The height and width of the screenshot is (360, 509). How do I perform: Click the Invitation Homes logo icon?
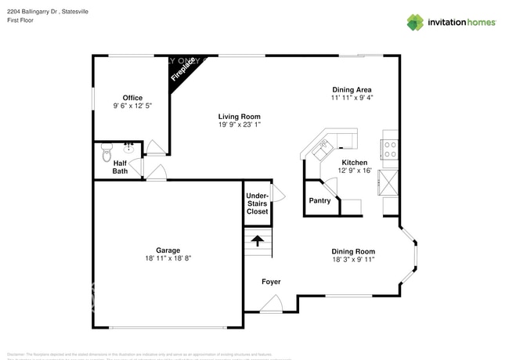[414, 22]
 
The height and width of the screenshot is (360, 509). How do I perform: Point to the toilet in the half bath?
[107, 157]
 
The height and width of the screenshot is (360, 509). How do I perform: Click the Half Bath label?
[120, 167]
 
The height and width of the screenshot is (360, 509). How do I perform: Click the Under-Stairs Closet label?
[257, 203]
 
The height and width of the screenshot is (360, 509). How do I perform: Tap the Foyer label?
[271, 282]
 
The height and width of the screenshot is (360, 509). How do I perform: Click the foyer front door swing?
[252, 304]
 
